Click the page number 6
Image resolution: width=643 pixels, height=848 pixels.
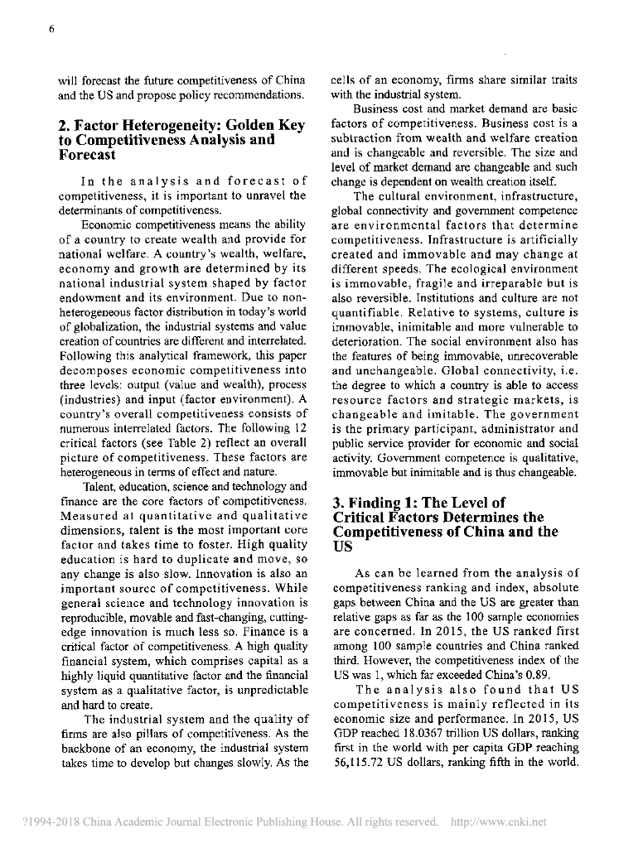click(x=51, y=30)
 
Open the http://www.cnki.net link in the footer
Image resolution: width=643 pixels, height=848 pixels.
click(x=497, y=822)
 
